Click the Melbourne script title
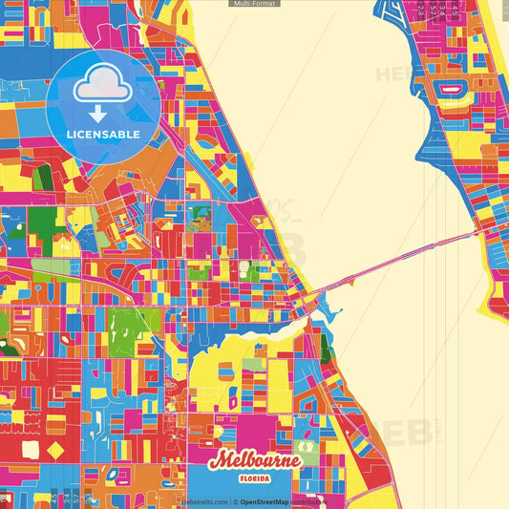point(255,459)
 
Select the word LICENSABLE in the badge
point(103,135)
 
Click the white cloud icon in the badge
point(103,89)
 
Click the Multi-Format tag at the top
point(254,4)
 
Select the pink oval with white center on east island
point(450,89)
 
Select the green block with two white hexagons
point(44,225)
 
